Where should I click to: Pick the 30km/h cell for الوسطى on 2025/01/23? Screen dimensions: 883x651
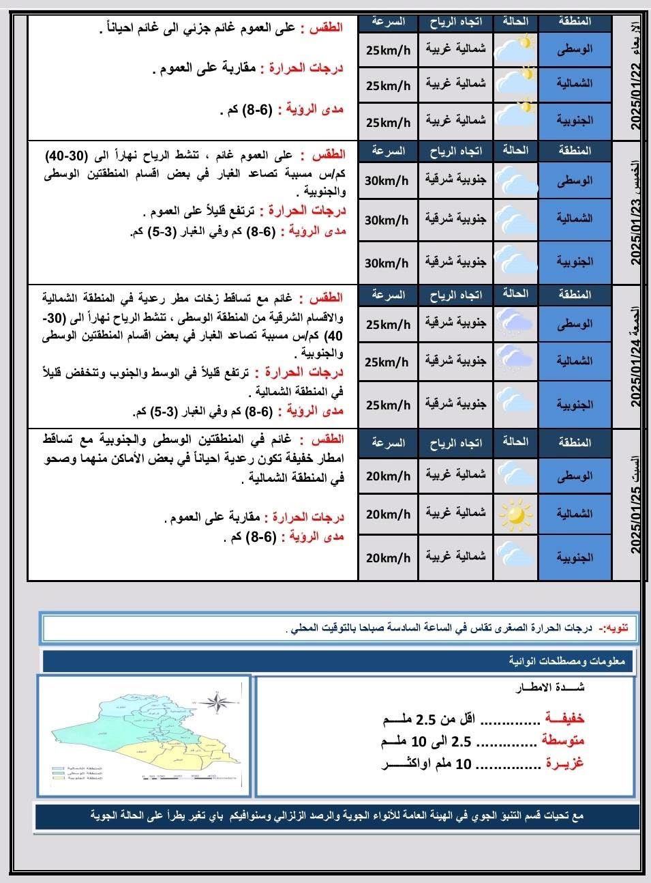(x=387, y=181)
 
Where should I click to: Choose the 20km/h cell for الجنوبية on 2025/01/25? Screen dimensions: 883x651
(x=388, y=558)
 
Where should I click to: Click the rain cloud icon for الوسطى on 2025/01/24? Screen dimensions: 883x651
(x=515, y=323)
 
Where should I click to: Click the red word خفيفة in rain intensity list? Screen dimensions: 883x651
(x=564, y=719)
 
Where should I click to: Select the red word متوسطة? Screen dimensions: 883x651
(x=563, y=740)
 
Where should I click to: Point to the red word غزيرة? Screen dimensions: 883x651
(x=565, y=764)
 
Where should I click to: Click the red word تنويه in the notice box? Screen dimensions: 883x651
(x=620, y=628)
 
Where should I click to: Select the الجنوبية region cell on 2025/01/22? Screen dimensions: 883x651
(x=575, y=121)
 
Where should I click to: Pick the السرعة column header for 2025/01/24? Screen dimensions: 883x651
(x=389, y=295)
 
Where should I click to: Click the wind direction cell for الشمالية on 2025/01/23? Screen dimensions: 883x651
(x=456, y=219)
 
